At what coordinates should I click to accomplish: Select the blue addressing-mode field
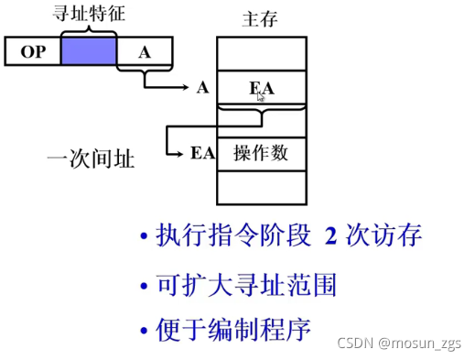click(88, 52)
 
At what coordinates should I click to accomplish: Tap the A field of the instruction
click(144, 52)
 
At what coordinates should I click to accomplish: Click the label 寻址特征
click(88, 16)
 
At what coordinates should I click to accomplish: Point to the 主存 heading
click(261, 18)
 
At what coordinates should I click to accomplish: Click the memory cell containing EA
click(262, 89)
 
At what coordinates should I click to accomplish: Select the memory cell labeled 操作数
click(262, 152)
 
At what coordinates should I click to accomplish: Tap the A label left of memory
click(202, 89)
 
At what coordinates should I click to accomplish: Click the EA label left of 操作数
click(202, 153)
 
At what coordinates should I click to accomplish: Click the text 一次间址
click(91, 160)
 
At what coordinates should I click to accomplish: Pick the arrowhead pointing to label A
click(188, 89)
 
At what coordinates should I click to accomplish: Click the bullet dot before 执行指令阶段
click(143, 238)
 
